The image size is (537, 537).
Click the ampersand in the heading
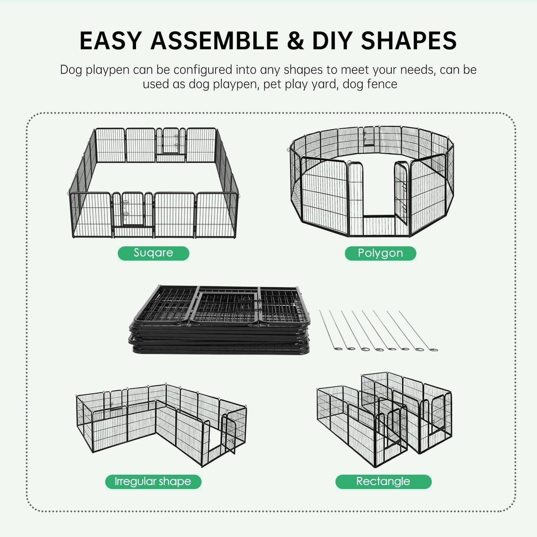(x=295, y=41)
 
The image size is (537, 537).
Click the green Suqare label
(x=153, y=253)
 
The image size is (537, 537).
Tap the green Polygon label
(x=380, y=253)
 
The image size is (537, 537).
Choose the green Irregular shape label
(x=153, y=482)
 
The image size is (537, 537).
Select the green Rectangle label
(x=383, y=482)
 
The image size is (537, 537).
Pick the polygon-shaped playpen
(x=372, y=182)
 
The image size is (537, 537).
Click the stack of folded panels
(x=219, y=320)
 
